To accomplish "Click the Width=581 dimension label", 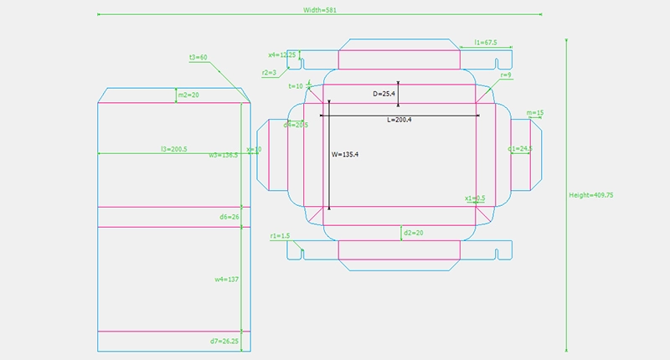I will pyautogui.click(x=320, y=10).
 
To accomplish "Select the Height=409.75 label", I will pyautogui.click(x=591, y=194).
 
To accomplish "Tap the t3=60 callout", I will pyautogui.click(x=198, y=57).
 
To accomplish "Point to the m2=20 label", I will pyautogui.click(x=188, y=95).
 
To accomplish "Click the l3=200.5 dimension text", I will pyautogui.click(x=174, y=149).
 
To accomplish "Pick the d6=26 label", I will pyautogui.click(x=229, y=217).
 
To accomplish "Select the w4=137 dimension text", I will pyautogui.click(x=227, y=279).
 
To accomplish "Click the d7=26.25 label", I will pyautogui.click(x=224, y=342).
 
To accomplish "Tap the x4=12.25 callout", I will pyautogui.click(x=281, y=54).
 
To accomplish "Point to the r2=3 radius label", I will pyautogui.click(x=270, y=73).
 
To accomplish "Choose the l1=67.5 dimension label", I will pyautogui.click(x=486, y=42).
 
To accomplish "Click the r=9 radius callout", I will pyautogui.click(x=506, y=75).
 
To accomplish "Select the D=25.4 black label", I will pyautogui.click(x=384, y=94).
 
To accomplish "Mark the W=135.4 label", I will pyautogui.click(x=345, y=154).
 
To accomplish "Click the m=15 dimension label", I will pyautogui.click(x=535, y=112).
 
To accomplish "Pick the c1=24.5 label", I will pyautogui.click(x=520, y=148).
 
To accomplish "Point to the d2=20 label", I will pyautogui.click(x=412, y=231).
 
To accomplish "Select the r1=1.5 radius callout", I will pyautogui.click(x=280, y=236).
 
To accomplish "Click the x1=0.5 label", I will pyautogui.click(x=476, y=198).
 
